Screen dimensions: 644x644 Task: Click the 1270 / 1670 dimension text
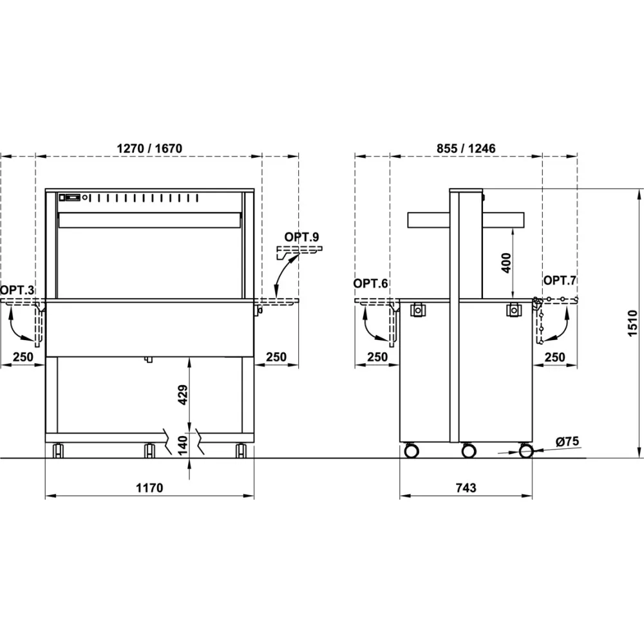point(149,148)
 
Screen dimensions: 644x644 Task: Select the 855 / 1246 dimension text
point(466,148)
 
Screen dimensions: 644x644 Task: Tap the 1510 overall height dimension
point(632,324)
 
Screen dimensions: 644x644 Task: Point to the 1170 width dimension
point(149,488)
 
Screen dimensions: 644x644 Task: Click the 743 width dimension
point(466,488)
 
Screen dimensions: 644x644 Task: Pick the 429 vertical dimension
point(183,395)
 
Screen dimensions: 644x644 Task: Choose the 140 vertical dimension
point(183,445)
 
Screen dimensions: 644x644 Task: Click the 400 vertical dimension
point(506,263)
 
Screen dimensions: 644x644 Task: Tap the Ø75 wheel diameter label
point(567,442)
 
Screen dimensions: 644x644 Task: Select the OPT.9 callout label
point(301,237)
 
